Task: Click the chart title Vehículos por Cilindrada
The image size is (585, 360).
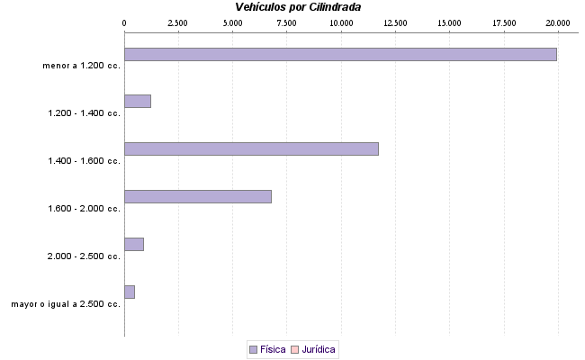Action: click(x=298, y=7)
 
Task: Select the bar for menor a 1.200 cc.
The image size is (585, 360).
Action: click(x=340, y=54)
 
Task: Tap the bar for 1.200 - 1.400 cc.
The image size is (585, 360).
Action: click(x=137, y=101)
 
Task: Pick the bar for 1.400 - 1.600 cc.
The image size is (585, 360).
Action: click(x=251, y=148)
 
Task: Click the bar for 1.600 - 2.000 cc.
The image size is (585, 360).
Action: click(x=197, y=196)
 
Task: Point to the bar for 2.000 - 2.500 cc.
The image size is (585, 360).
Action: click(x=133, y=244)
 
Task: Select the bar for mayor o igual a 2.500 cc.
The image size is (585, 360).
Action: click(x=129, y=292)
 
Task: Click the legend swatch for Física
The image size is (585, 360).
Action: click(x=253, y=349)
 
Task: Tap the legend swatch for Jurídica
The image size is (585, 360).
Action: click(x=294, y=349)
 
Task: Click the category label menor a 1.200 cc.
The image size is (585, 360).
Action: click(x=81, y=66)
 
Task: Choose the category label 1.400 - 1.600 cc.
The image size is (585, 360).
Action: click(x=85, y=161)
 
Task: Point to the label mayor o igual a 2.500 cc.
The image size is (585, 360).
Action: click(x=66, y=304)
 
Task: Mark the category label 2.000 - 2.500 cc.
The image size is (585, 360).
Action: click(x=85, y=256)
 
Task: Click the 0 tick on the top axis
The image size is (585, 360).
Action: click(x=124, y=22)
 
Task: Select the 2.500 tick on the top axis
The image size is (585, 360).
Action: click(x=178, y=22)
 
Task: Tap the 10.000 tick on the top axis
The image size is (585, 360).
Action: click(x=341, y=22)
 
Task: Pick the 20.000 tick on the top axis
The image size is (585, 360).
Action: click(x=558, y=22)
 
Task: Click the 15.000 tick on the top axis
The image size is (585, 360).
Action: click(x=449, y=22)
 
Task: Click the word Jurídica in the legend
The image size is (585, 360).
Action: click(x=319, y=349)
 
